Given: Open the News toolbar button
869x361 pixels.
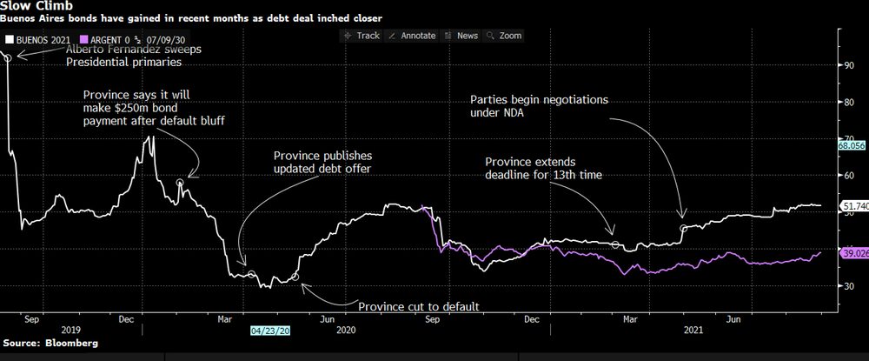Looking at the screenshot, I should point(461,36).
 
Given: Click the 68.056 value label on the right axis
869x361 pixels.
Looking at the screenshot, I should point(852,146).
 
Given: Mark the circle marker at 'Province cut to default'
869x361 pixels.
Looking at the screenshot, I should point(295,277).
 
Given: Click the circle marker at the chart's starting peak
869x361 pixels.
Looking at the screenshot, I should point(8,57).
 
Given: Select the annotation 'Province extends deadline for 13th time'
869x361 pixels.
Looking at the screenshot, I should point(542,169).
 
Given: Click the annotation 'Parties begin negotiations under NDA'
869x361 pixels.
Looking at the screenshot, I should point(540,107).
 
